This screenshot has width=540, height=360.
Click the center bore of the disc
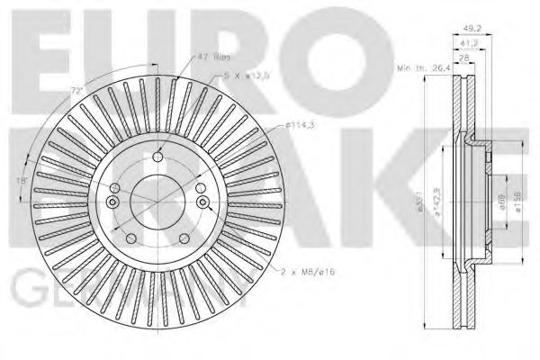tap(157, 199)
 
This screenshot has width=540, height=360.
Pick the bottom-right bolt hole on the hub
tap(185, 238)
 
